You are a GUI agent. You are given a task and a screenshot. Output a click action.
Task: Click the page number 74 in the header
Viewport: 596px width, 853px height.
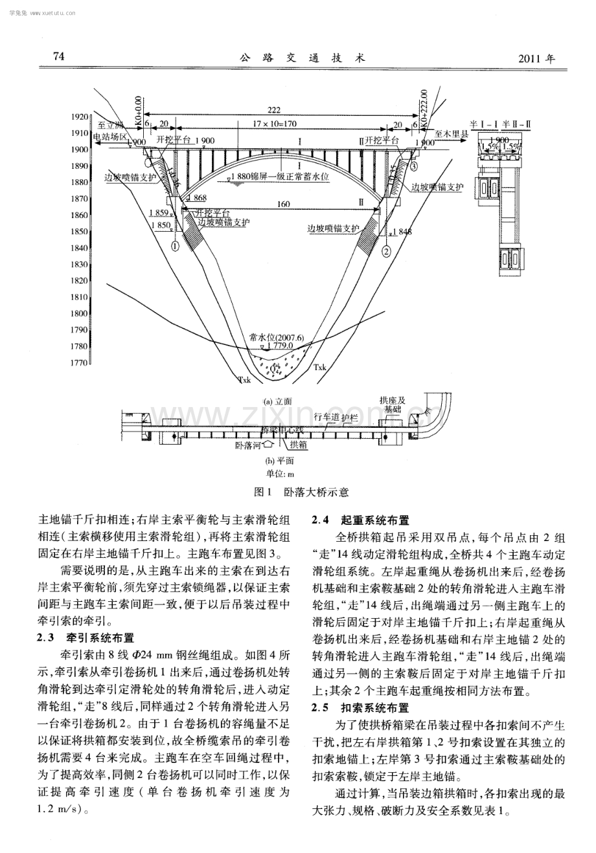coord(59,56)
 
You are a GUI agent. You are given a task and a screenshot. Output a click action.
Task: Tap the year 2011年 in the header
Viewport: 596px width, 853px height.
coord(537,58)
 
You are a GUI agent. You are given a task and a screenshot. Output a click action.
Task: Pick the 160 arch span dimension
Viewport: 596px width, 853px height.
coord(283,204)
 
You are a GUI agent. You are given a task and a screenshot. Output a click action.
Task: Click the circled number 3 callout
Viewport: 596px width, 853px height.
coord(413,167)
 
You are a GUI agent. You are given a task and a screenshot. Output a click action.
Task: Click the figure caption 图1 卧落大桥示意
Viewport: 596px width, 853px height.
coord(297,492)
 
